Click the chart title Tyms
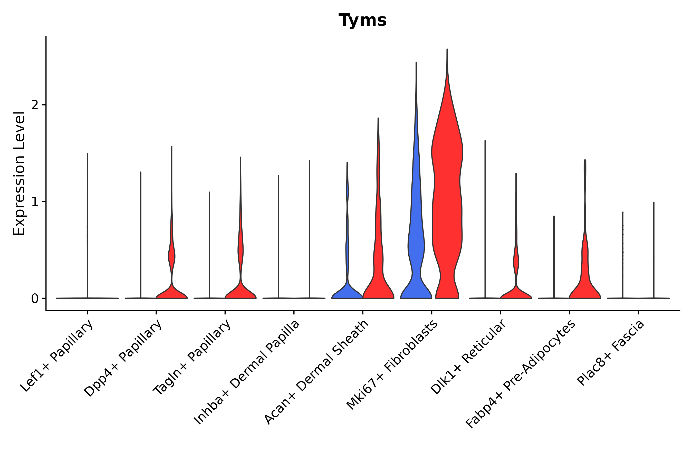(362, 20)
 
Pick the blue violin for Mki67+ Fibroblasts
(416, 236)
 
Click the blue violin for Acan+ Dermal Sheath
(347, 292)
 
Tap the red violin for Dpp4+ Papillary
(171, 290)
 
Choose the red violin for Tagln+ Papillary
(240, 290)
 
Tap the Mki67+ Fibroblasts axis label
(392, 365)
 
